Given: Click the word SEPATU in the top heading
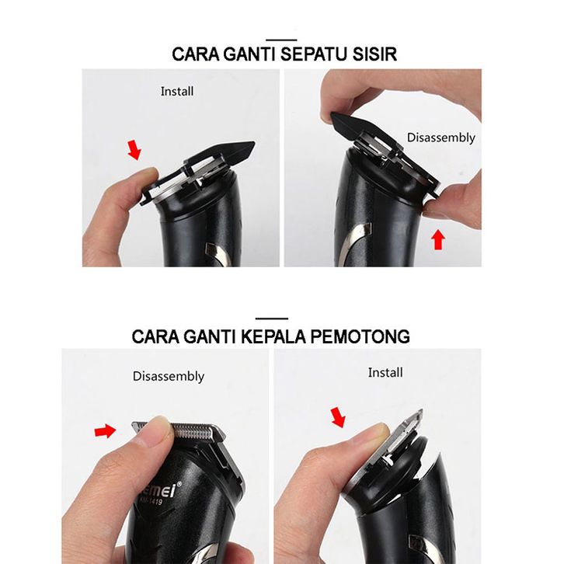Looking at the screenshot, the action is click(x=314, y=54).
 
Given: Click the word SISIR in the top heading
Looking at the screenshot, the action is click(x=374, y=54).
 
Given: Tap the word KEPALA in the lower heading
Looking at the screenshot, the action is click(x=273, y=336).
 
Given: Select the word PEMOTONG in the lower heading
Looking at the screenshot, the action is click(x=360, y=336).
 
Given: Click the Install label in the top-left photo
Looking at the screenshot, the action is click(x=177, y=92).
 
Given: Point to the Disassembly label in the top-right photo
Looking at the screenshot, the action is click(x=441, y=138).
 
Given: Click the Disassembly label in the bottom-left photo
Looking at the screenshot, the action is click(x=169, y=376).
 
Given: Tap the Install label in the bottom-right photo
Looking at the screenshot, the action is click(x=385, y=373).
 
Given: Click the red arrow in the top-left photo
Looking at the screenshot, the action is click(x=134, y=150).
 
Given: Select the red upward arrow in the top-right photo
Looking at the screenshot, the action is click(x=437, y=240).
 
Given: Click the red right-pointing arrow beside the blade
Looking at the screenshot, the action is click(x=105, y=430).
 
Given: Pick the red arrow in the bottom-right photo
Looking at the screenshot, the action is click(x=338, y=417).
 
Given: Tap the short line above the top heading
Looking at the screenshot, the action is click(x=282, y=40).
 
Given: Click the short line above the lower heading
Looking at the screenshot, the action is click(x=272, y=319).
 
